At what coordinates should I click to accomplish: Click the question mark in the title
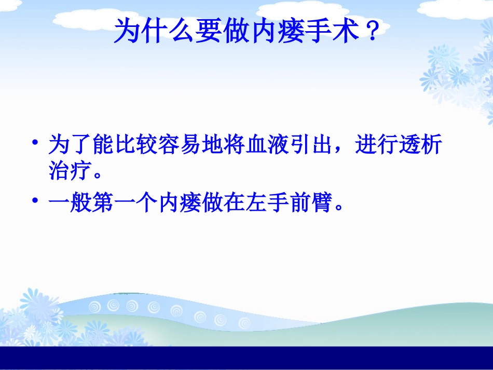371,32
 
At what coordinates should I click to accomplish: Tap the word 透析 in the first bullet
420,146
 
